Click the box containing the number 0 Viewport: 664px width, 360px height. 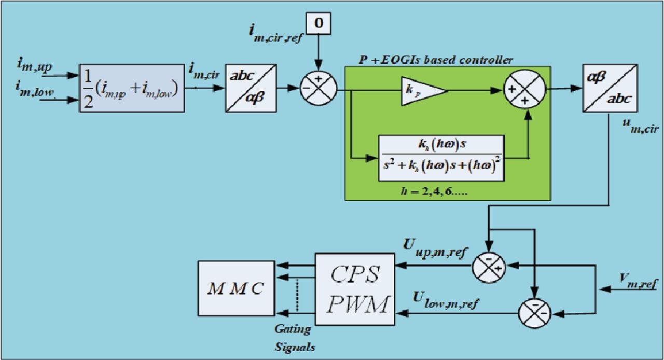pos(320,23)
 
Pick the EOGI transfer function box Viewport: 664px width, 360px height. pos(441,158)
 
